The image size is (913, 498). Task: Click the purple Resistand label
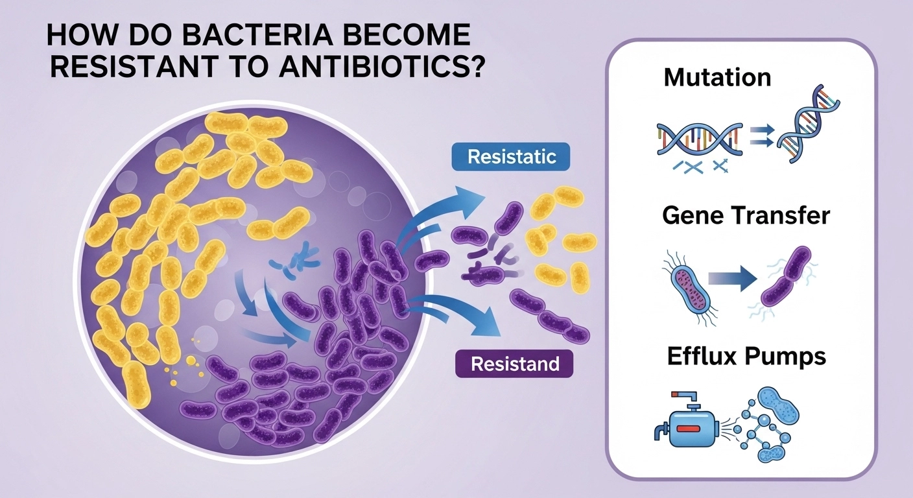click(x=516, y=364)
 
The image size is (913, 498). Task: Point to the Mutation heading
click(x=717, y=77)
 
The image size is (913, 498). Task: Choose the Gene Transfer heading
click(x=746, y=215)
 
